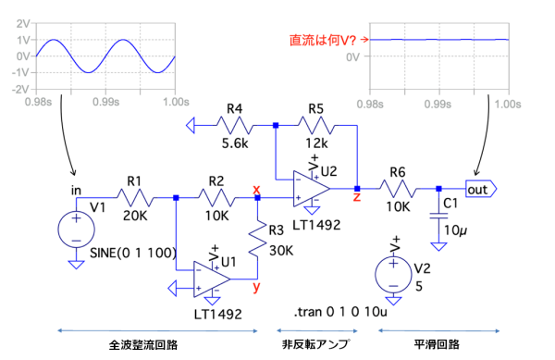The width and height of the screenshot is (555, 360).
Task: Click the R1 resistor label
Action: (134, 181)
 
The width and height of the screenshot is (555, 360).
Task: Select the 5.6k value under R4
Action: (235, 143)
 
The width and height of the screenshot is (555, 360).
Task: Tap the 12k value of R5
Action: (316, 143)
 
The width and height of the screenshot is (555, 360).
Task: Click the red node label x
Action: (256, 189)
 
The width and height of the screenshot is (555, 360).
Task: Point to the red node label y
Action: (256, 287)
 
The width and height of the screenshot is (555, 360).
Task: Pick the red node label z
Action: (357, 197)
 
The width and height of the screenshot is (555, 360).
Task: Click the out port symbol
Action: (481, 190)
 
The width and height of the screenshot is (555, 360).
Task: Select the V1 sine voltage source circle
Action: (76, 230)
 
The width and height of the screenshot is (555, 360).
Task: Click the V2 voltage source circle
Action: (394, 274)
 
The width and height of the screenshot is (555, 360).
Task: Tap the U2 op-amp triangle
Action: (311, 189)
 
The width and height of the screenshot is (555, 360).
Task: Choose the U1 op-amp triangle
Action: (212, 279)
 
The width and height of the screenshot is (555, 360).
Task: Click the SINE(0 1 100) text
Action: (133, 253)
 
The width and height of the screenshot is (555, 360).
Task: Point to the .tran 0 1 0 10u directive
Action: (340, 312)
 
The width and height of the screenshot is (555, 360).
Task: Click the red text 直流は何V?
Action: (323, 40)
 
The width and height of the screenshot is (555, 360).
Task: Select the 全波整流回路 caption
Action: (143, 345)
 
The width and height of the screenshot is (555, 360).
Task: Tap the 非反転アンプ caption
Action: (316, 344)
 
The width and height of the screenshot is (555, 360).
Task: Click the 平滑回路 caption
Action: (437, 344)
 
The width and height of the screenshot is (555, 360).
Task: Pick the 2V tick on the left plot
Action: (23, 24)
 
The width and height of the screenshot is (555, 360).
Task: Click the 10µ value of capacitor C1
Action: (455, 230)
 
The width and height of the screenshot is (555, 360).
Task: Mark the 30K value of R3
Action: (281, 251)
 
